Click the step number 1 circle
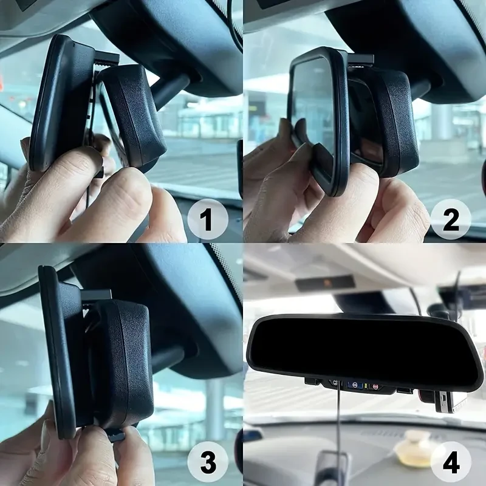click(207, 219)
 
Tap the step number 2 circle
click(450, 219)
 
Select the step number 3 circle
click(207, 462)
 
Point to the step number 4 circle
click(450, 462)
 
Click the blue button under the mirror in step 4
click(355, 385)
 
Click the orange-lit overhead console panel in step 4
click(326, 283)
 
